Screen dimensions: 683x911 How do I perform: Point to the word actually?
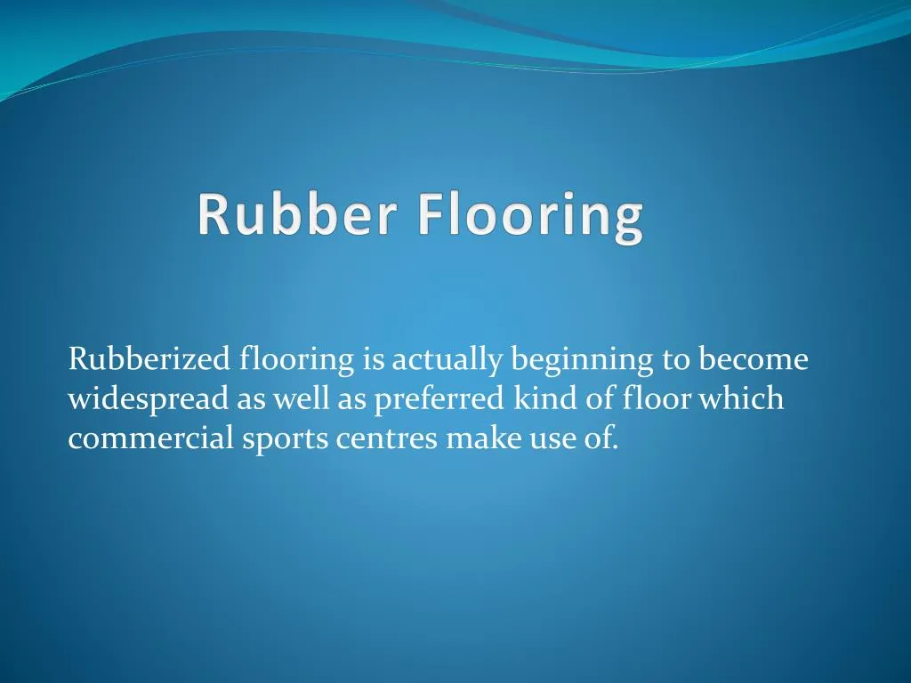tap(448, 361)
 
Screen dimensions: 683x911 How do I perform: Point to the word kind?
tap(545, 399)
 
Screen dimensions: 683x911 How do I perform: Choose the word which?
tap(741, 399)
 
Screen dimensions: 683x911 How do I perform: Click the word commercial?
tap(151, 438)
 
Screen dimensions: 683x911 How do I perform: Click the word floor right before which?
tap(657, 399)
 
